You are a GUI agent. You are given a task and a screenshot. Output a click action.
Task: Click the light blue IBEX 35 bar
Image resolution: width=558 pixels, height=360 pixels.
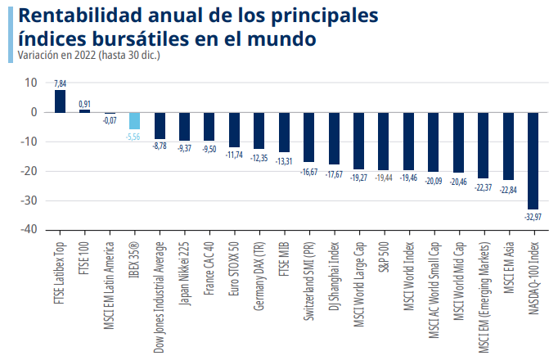(x=134, y=120)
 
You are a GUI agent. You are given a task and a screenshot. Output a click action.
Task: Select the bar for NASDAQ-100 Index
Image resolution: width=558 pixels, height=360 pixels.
(x=533, y=160)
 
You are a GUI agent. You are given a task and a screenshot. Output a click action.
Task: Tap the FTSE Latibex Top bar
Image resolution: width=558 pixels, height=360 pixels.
(x=60, y=101)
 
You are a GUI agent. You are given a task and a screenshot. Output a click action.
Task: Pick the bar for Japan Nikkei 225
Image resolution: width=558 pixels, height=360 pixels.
(x=184, y=126)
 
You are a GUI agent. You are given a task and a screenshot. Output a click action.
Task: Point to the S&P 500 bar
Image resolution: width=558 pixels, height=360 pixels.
(x=384, y=141)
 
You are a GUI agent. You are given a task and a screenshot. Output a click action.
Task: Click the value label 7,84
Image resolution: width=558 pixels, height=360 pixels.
(x=60, y=83)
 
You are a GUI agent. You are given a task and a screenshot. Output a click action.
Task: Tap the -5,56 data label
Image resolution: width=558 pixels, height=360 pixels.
(x=134, y=136)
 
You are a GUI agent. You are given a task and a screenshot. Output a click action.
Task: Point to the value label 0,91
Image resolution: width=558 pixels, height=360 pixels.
(x=84, y=103)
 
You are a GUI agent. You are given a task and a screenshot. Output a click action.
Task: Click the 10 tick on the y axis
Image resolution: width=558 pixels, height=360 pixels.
(x=30, y=83)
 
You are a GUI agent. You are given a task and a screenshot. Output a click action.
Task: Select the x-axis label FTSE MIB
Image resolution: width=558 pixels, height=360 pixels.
(x=284, y=259)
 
